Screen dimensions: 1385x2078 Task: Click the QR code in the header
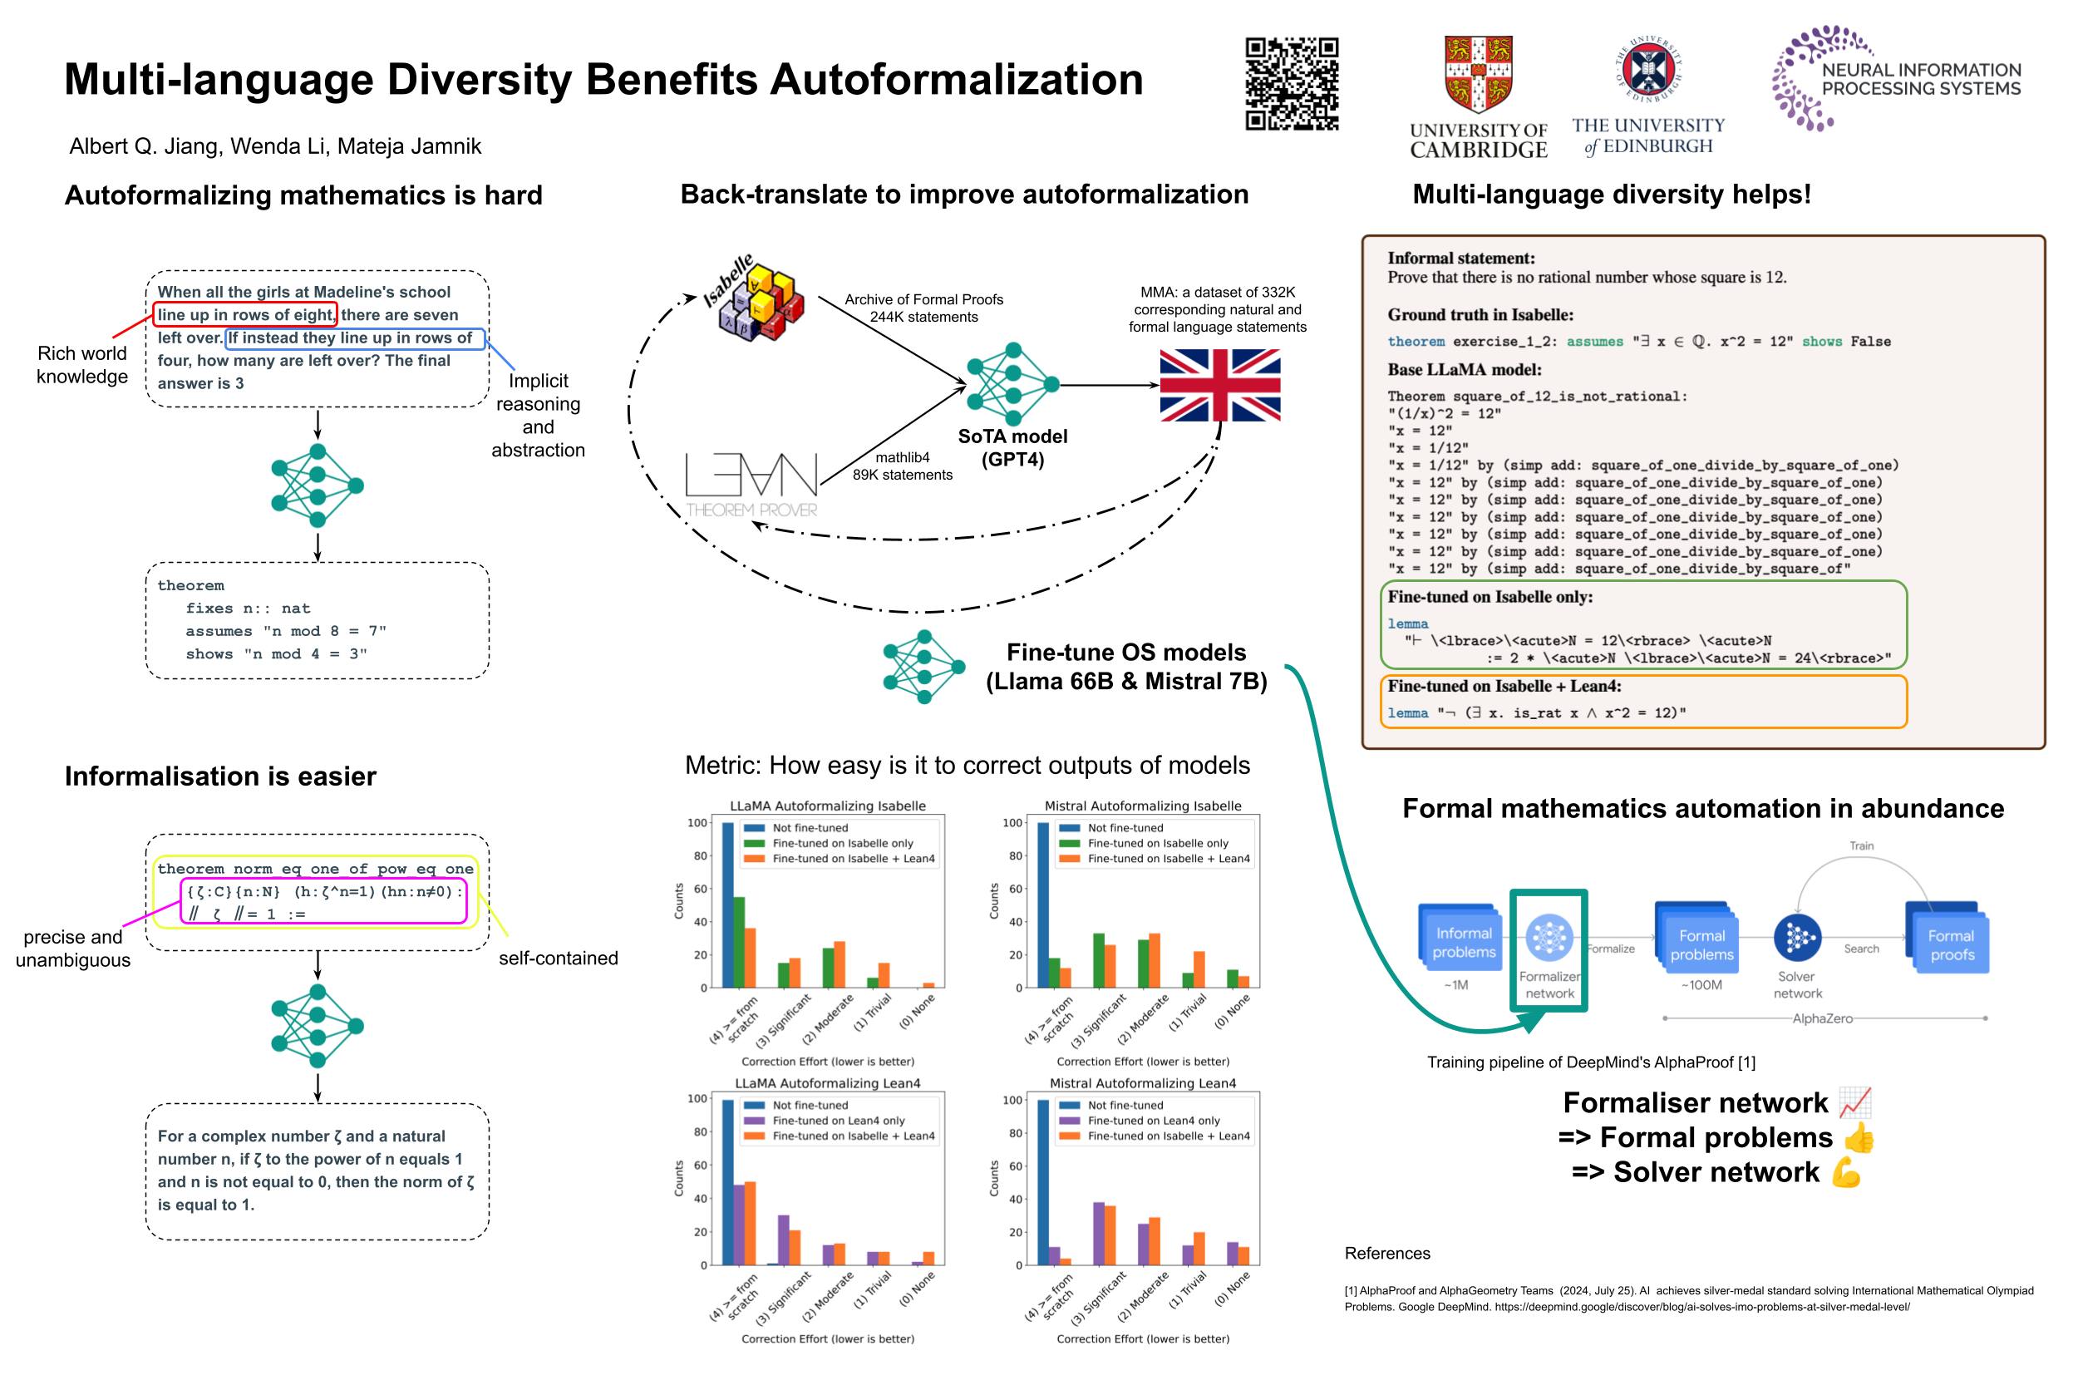coord(1291,84)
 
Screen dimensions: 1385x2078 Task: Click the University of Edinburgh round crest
coord(1648,69)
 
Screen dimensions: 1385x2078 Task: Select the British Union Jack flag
coord(1219,385)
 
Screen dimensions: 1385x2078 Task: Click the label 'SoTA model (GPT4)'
coord(1012,448)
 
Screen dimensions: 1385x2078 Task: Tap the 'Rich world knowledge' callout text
coord(82,365)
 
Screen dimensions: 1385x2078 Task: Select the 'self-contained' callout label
coord(557,959)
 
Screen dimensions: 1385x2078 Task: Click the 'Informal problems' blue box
coord(1461,942)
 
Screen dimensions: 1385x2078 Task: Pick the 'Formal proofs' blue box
coord(1950,944)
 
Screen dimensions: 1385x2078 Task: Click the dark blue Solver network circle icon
coord(1796,937)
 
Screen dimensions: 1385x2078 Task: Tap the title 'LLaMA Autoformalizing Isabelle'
coord(828,806)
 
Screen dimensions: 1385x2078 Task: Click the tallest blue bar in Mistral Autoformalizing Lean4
coord(1043,1182)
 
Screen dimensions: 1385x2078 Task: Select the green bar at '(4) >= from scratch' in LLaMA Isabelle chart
coord(739,942)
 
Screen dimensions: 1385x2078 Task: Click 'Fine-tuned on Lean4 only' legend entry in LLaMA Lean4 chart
coord(838,1121)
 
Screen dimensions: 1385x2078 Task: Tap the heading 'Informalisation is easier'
coord(220,776)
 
